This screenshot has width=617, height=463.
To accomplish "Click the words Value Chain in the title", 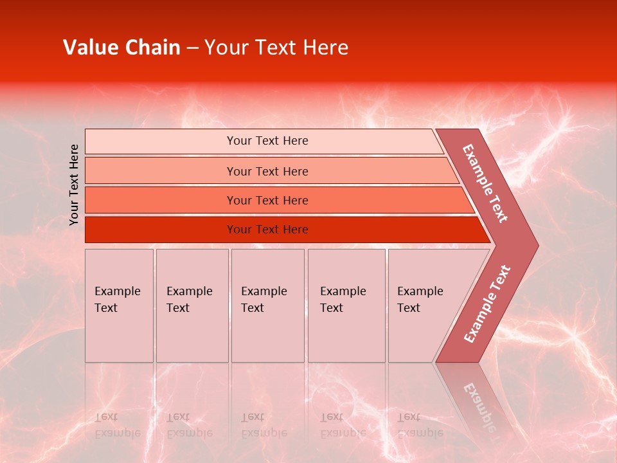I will (x=121, y=48).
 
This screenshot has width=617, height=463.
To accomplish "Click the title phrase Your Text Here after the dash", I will (x=276, y=48).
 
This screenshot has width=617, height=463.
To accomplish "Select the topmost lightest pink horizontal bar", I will (x=161, y=141).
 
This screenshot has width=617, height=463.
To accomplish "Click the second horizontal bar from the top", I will (x=161, y=171).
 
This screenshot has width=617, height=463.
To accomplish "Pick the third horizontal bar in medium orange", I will (x=161, y=200).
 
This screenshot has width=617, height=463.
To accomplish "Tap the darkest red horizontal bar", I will (x=161, y=230).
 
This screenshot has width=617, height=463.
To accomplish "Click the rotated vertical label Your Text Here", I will (x=75, y=185).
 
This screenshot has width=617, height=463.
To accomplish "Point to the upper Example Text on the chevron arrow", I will (x=485, y=183).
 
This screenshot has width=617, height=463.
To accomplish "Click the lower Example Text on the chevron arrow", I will (x=487, y=304).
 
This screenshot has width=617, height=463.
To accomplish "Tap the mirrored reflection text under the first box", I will (x=118, y=424).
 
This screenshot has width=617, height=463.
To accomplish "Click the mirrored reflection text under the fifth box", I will (x=420, y=424).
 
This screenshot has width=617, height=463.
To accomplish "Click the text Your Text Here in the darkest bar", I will (x=267, y=230).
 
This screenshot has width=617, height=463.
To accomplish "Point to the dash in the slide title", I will (x=192, y=48).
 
